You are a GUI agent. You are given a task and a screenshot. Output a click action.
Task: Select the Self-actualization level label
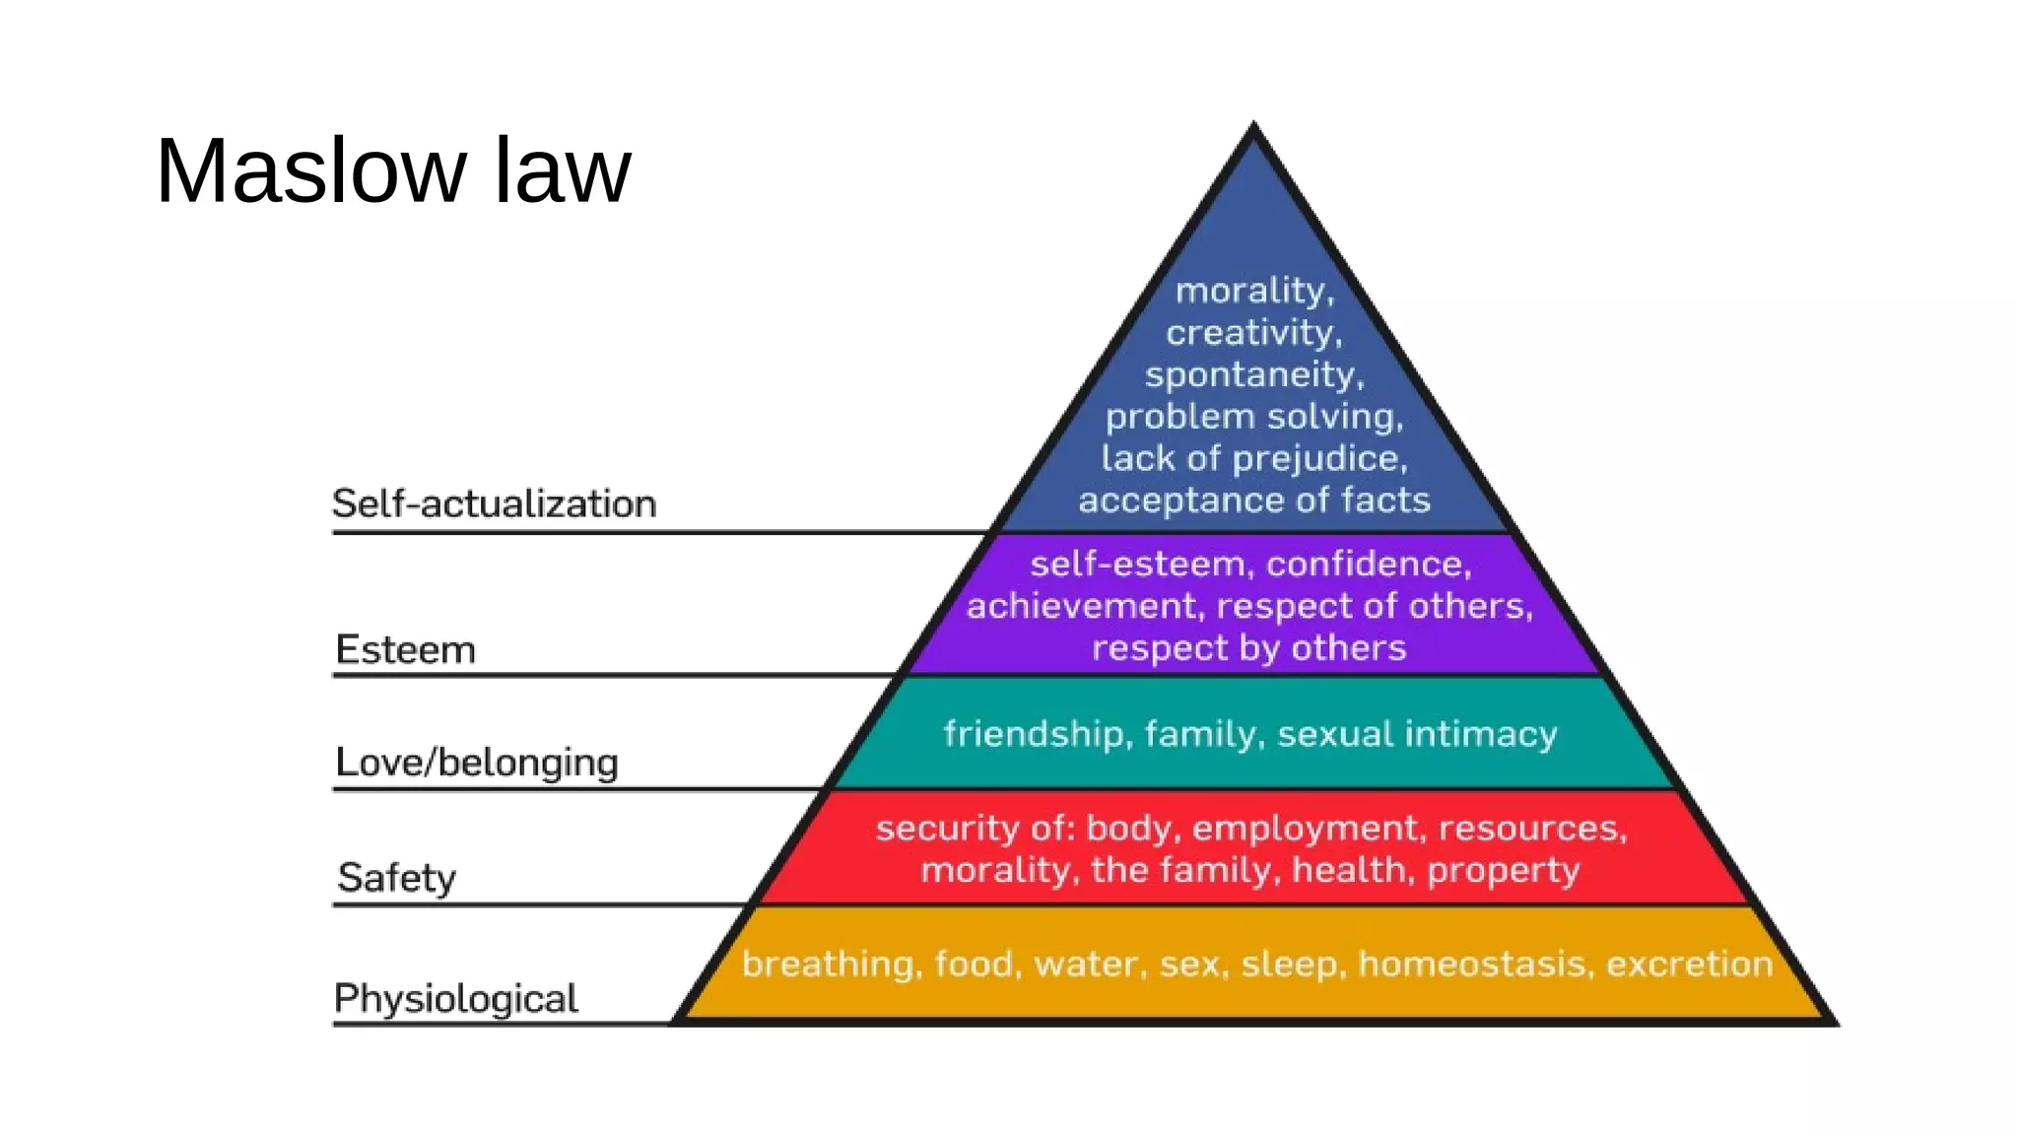pyautogui.click(x=494, y=504)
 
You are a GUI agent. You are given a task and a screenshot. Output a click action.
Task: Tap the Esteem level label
pyautogui.click(x=405, y=650)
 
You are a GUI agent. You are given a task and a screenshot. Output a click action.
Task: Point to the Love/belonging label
pyautogui.click(x=477, y=763)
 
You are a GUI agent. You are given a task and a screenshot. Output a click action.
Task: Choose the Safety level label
pyautogui.click(x=397, y=877)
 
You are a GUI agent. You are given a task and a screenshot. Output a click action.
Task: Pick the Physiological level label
pyautogui.click(x=455, y=999)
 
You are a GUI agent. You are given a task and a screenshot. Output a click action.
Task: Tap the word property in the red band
pyautogui.click(x=1503, y=871)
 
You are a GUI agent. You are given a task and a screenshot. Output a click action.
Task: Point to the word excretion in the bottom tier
pyautogui.click(x=1689, y=964)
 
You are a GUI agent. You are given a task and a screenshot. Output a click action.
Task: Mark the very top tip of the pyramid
pyautogui.click(x=1253, y=125)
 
